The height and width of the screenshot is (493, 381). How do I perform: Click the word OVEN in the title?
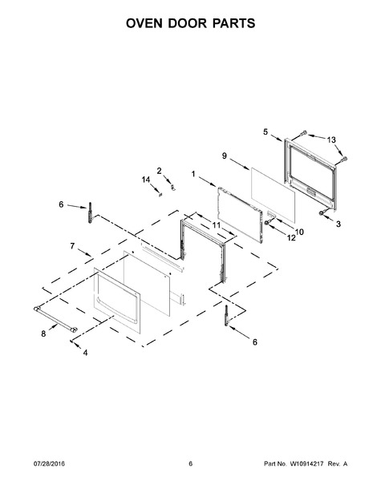point(144,23)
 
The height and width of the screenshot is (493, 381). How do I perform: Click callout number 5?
point(265,132)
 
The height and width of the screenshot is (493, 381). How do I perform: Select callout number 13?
point(331,139)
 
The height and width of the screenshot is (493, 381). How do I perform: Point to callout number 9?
point(225,156)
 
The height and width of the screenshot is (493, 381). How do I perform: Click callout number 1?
point(193,174)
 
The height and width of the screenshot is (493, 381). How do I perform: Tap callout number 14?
point(146,180)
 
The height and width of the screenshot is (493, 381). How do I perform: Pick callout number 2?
point(159,171)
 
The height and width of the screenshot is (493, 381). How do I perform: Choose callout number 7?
point(72,246)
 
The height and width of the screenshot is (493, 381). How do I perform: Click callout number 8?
point(43,333)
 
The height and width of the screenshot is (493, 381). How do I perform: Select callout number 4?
point(85,353)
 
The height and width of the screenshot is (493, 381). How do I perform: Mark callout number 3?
point(338,224)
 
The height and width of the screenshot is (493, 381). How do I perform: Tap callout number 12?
point(291,238)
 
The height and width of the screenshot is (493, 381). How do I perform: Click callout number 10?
point(299,232)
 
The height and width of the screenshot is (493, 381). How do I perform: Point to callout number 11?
point(216,225)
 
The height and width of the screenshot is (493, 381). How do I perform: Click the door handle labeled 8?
point(55,319)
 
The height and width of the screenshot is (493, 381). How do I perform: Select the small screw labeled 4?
point(71,341)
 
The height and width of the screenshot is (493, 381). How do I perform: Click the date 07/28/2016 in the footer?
point(49,464)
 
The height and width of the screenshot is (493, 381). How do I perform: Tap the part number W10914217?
point(306,464)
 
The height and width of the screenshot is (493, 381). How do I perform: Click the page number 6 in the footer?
point(190,464)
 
